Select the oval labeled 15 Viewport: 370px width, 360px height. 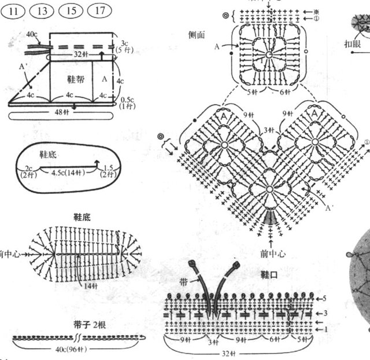tap(71, 10)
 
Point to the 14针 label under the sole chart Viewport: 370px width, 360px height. tap(89, 286)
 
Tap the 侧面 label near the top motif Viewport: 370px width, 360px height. tap(197, 34)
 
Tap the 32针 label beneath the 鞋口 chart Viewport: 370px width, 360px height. tap(236, 352)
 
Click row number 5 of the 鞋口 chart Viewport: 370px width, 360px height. tap(325, 298)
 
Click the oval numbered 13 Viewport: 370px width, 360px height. tap(43, 10)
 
